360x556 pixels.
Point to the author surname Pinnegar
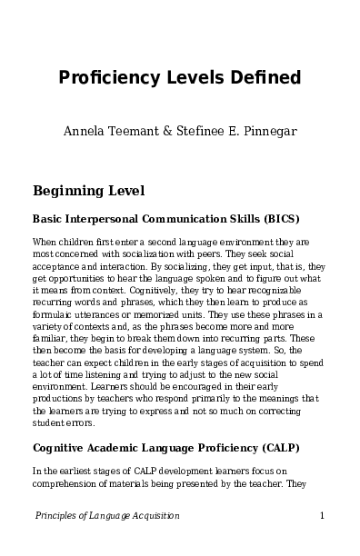(x=268, y=131)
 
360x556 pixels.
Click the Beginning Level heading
(x=87, y=192)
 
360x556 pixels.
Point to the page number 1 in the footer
(x=323, y=516)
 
